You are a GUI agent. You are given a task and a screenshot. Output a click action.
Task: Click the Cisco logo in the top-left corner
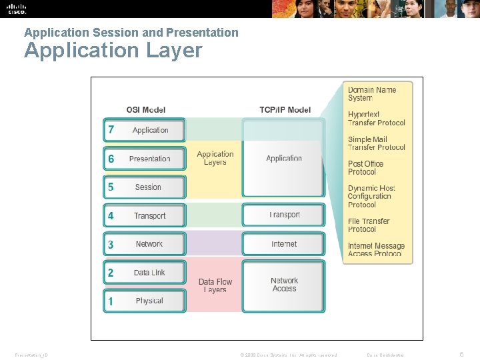point(17,9)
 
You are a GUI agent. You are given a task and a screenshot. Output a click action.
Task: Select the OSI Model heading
point(146,110)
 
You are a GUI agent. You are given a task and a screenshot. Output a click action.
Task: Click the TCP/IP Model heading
point(285,110)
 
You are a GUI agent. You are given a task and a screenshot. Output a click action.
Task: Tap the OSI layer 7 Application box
point(145,130)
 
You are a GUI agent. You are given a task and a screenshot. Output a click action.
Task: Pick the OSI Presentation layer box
point(145,159)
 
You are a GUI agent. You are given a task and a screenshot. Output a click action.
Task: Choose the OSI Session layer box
point(145,187)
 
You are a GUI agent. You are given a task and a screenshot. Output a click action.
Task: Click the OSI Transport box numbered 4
point(145,216)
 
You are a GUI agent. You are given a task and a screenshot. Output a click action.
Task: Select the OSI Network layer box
point(145,244)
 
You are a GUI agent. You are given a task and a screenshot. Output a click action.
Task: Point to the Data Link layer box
point(145,273)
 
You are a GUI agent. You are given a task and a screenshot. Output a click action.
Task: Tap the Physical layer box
point(145,301)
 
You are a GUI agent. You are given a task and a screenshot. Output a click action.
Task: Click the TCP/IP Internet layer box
point(284,244)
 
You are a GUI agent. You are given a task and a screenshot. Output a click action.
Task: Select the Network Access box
point(284,285)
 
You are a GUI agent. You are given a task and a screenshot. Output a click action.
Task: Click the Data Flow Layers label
point(215,286)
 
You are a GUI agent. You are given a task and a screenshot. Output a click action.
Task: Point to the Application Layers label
point(215,158)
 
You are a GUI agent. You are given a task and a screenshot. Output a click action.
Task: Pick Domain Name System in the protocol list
point(372,94)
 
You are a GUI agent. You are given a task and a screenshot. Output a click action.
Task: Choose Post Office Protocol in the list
point(366,167)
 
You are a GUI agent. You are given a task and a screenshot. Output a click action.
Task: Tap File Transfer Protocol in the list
point(369,225)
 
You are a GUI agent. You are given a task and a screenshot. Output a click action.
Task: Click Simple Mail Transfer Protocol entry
point(376,143)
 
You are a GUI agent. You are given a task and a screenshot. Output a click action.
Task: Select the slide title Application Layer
point(113,51)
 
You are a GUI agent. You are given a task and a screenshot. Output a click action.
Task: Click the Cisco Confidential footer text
point(385,355)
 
